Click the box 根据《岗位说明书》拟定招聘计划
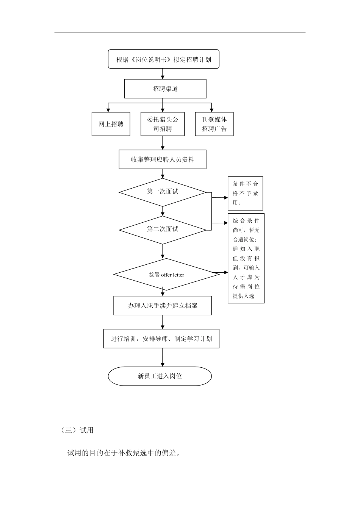click(163, 59)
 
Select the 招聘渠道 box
click(165, 89)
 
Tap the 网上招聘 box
click(111, 124)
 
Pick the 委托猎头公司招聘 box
click(163, 124)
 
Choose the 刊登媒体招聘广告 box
click(214, 124)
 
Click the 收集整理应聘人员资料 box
click(163, 159)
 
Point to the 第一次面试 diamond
click(163, 192)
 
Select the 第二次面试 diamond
click(163, 230)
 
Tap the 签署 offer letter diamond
click(166, 275)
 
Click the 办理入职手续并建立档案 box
click(163, 306)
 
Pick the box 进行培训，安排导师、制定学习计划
click(161, 339)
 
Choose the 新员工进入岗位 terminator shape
click(160, 376)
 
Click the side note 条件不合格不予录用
click(245, 193)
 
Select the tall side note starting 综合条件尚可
click(246, 258)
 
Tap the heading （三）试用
click(77, 430)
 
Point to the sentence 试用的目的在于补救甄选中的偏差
click(123, 453)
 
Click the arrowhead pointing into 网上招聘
click(108, 110)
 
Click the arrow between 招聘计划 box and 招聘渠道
click(163, 74)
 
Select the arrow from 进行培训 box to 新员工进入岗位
click(163, 357)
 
